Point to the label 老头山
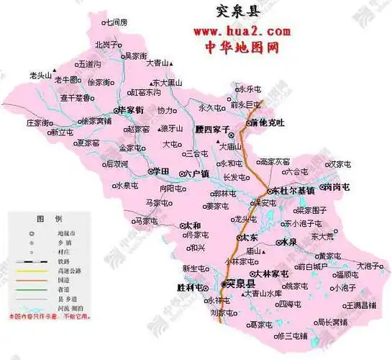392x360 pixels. tap(40, 74)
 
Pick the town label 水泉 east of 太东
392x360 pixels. tap(289, 242)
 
